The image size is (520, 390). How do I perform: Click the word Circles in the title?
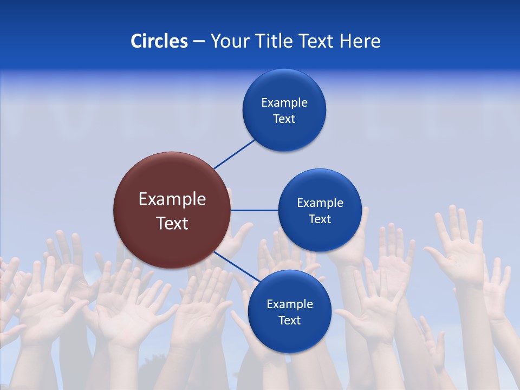159,41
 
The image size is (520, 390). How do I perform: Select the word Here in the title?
360,41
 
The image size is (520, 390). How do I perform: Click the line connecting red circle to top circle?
235,154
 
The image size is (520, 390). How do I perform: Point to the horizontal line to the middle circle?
254,210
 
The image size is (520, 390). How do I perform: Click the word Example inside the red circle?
172,199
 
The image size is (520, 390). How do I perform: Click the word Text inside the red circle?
172,223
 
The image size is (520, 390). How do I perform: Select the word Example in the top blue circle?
284,103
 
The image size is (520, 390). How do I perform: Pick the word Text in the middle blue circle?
320,219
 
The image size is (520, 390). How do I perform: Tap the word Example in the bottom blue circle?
289,304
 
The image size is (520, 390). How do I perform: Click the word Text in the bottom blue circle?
289,321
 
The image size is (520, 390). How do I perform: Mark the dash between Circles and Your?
199,41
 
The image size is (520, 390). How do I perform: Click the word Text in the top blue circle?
284,119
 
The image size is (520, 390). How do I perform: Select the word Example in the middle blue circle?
320,203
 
